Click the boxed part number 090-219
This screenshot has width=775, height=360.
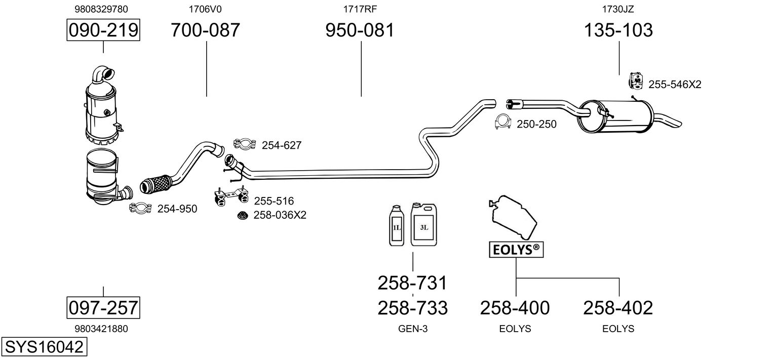(x=103, y=30)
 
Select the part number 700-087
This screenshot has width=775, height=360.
(x=205, y=30)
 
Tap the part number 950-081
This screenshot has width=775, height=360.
(x=360, y=30)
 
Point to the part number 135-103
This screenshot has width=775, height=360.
(x=618, y=30)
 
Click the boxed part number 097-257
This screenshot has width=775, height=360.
(x=103, y=307)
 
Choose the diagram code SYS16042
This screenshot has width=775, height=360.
(x=44, y=347)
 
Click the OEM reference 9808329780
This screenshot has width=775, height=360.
(x=101, y=9)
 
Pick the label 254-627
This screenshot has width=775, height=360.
(x=282, y=145)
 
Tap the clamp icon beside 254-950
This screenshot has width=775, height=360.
(x=141, y=208)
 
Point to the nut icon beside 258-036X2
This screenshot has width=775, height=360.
(x=243, y=216)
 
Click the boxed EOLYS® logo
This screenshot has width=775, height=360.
(x=516, y=249)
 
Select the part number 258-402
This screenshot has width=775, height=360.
(x=618, y=307)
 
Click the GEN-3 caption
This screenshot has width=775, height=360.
(x=413, y=329)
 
